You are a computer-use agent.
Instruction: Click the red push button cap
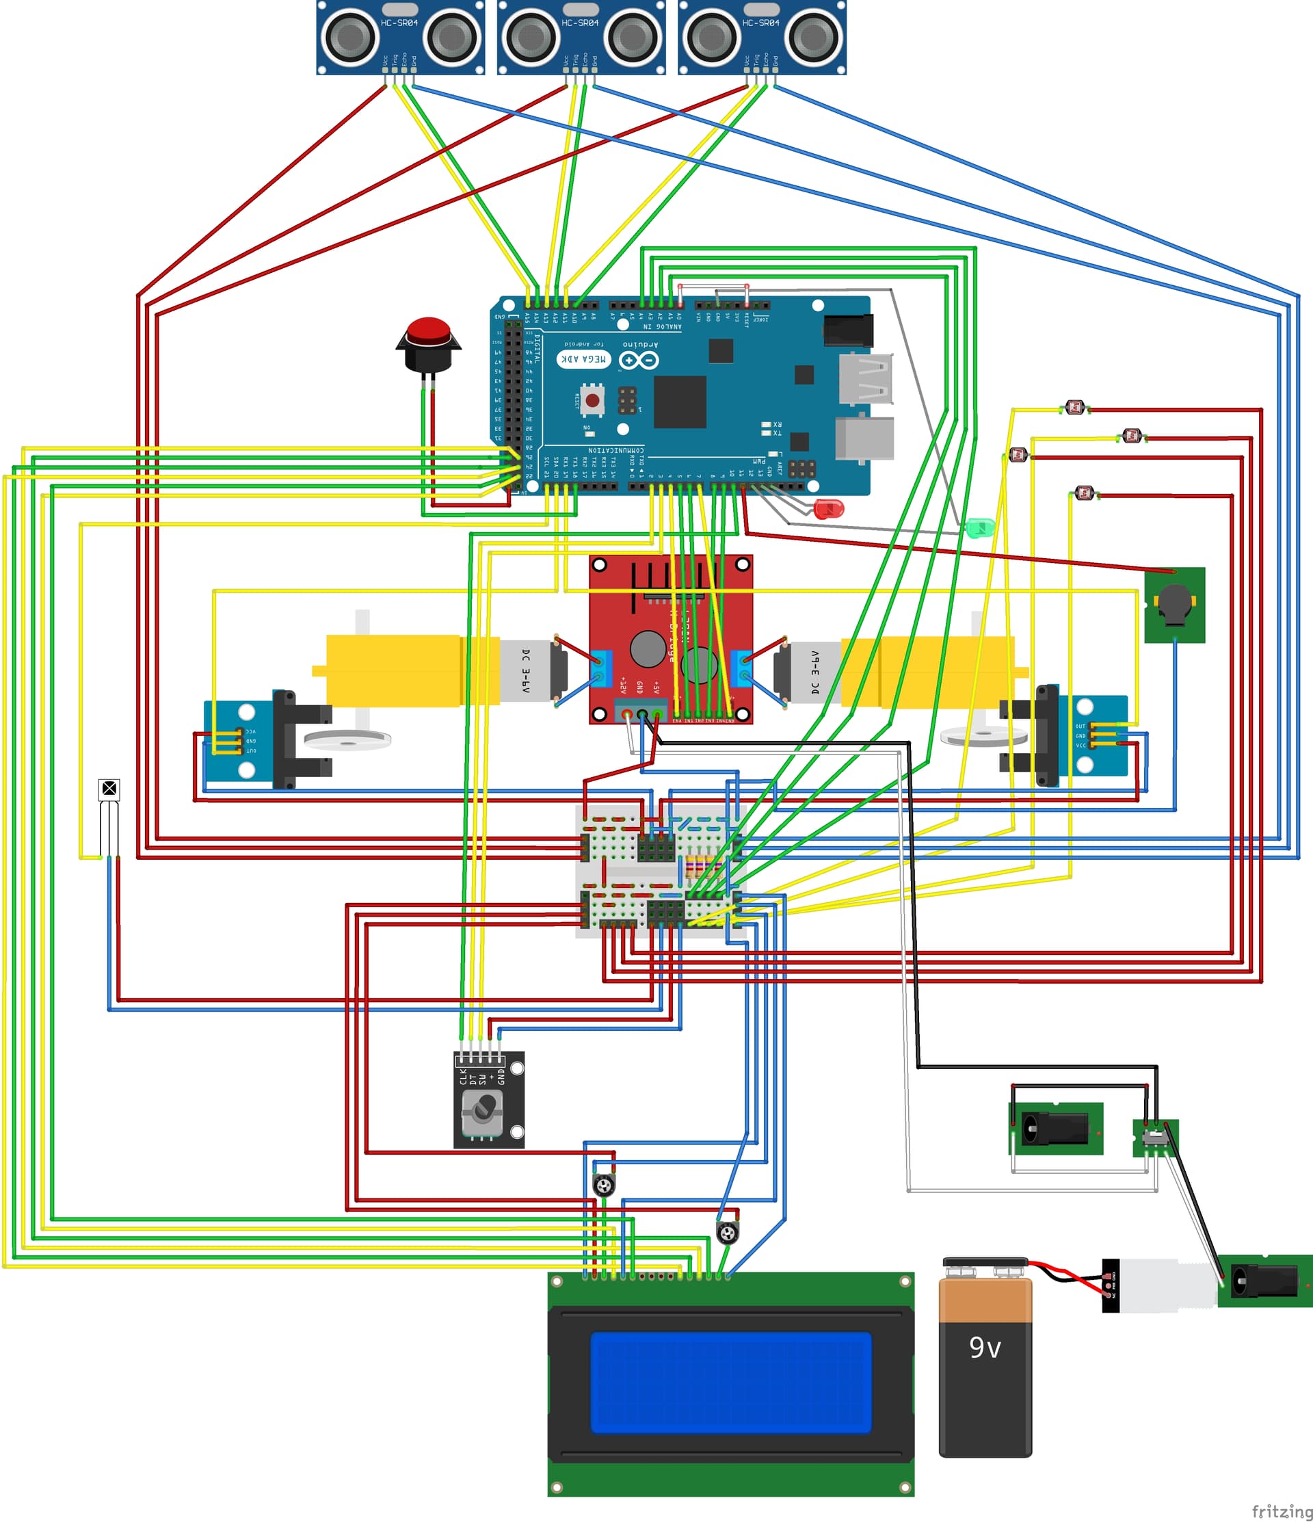coord(429,330)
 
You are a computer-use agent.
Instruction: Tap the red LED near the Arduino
coord(830,508)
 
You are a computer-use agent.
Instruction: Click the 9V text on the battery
coord(985,1347)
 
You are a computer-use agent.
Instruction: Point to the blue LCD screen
coord(730,1382)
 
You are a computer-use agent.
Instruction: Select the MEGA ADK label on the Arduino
coord(584,359)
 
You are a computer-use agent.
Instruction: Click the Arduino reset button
coord(592,400)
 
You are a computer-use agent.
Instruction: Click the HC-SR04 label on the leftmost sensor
coord(399,23)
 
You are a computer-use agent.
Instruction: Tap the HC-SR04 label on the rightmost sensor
coord(760,23)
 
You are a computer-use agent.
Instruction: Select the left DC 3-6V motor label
coord(525,670)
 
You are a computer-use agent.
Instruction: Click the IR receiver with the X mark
coord(109,789)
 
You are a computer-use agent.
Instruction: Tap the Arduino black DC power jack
coord(849,330)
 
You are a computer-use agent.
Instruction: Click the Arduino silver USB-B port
coord(865,440)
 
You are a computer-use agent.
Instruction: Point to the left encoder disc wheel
coord(347,739)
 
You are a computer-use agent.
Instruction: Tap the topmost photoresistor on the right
coord(1075,406)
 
